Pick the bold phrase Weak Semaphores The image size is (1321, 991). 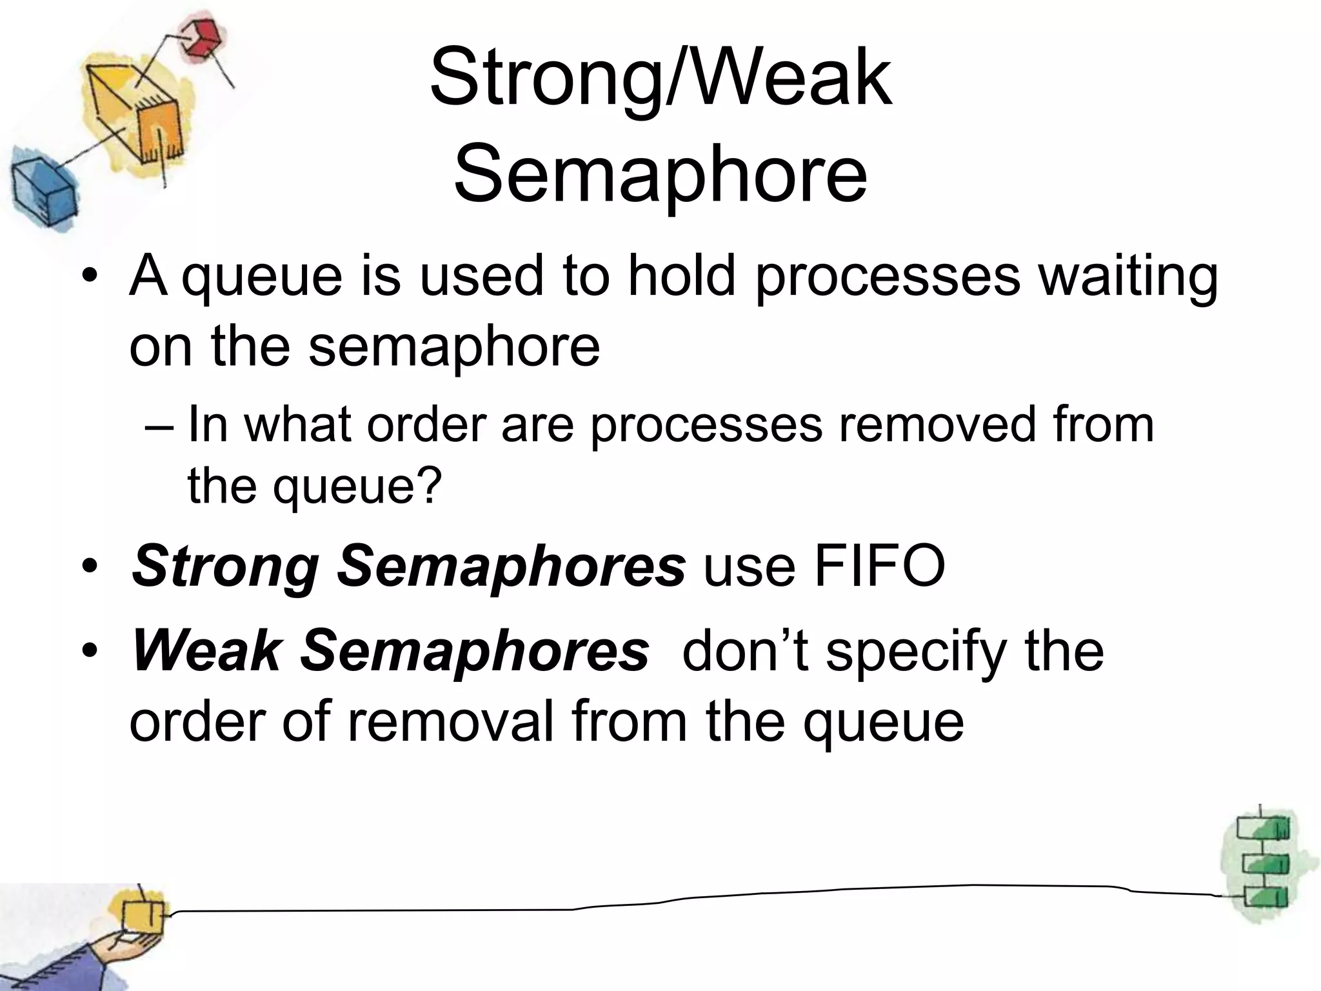pos(390,650)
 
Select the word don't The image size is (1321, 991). pos(746,649)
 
